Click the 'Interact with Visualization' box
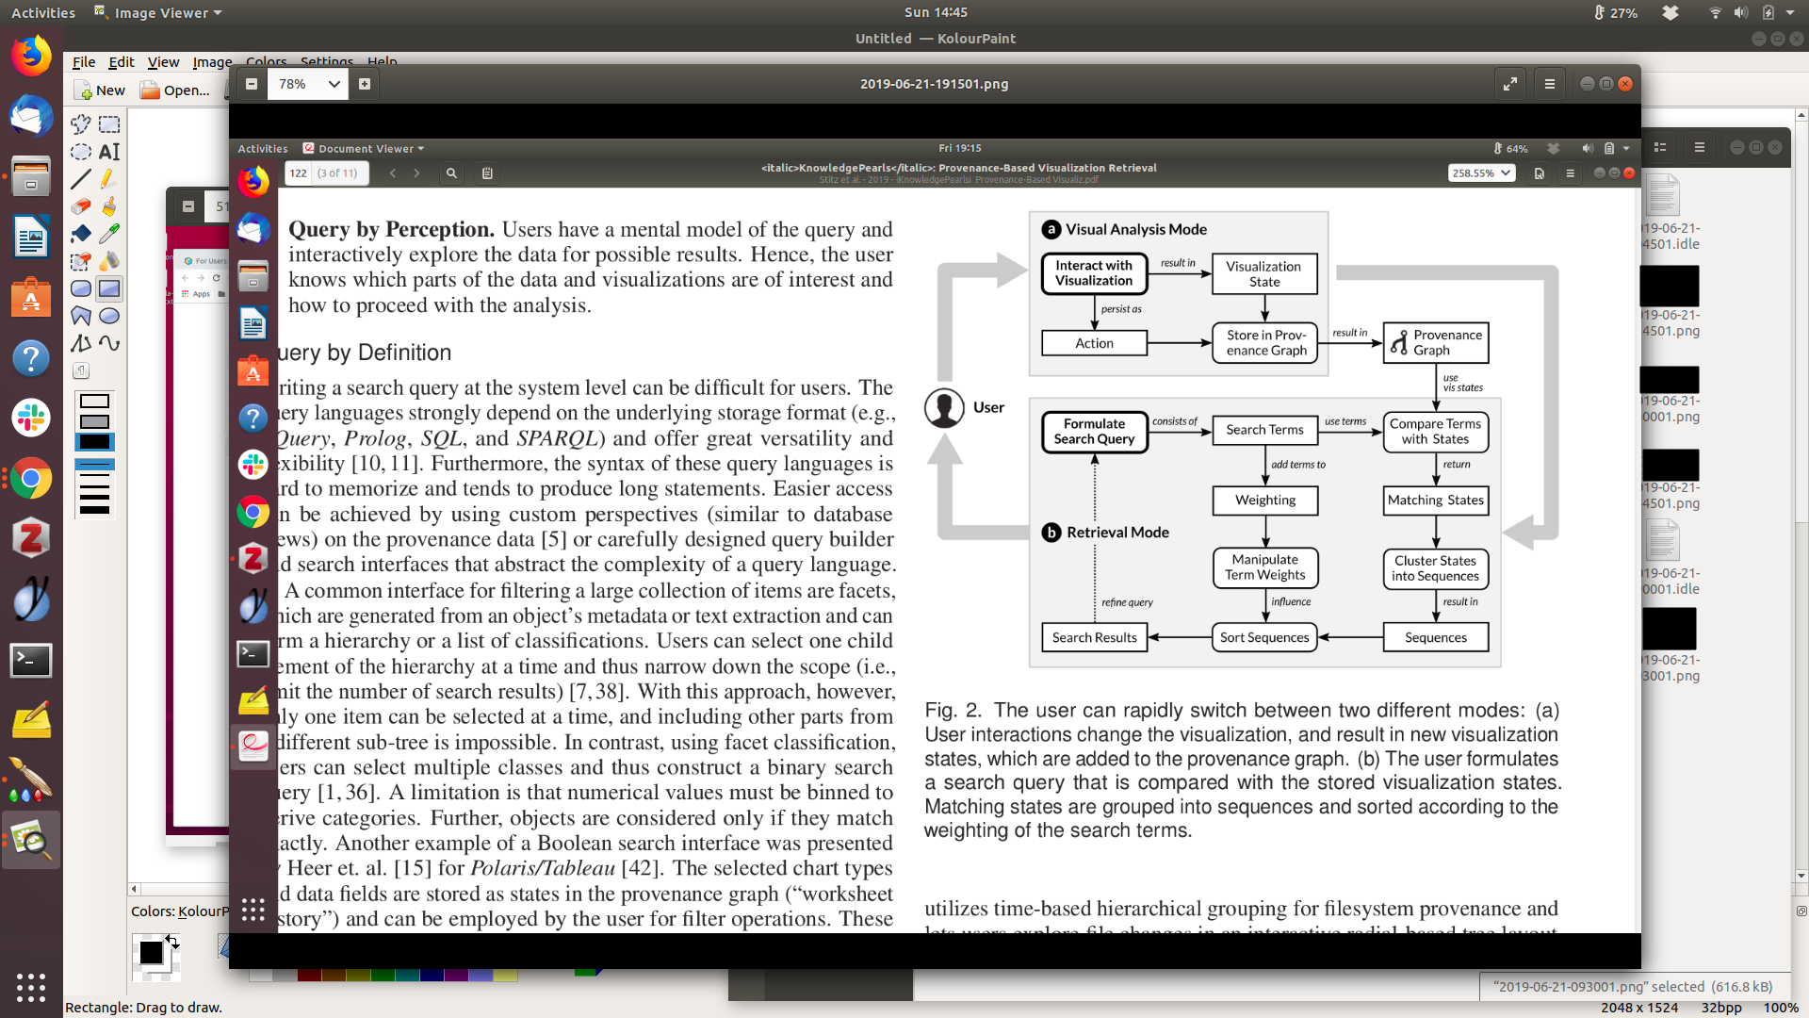coord(1094,273)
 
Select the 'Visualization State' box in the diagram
coord(1263,273)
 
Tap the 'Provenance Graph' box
coord(1436,342)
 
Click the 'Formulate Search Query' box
coord(1094,432)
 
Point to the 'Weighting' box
coord(1264,501)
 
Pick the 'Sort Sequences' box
coord(1264,637)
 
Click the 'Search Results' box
coord(1094,637)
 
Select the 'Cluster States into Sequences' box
coord(1435,568)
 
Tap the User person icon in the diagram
coord(944,408)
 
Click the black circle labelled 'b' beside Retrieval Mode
coord(1051,533)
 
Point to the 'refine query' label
coord(1127,602)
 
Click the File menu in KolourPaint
coord(84,62)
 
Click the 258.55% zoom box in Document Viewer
coord(1480,173)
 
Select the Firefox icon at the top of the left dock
coord(31,57)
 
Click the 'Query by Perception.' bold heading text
coord(391,230)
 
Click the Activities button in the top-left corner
coord(42,12)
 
